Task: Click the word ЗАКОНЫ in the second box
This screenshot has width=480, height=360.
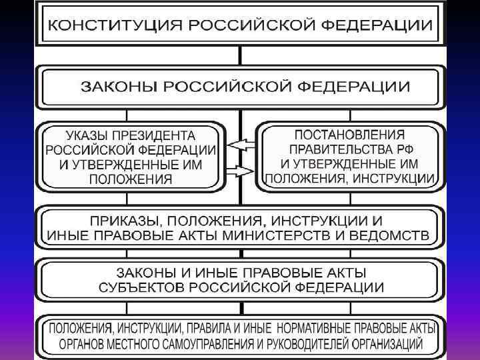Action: pos(117,87)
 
